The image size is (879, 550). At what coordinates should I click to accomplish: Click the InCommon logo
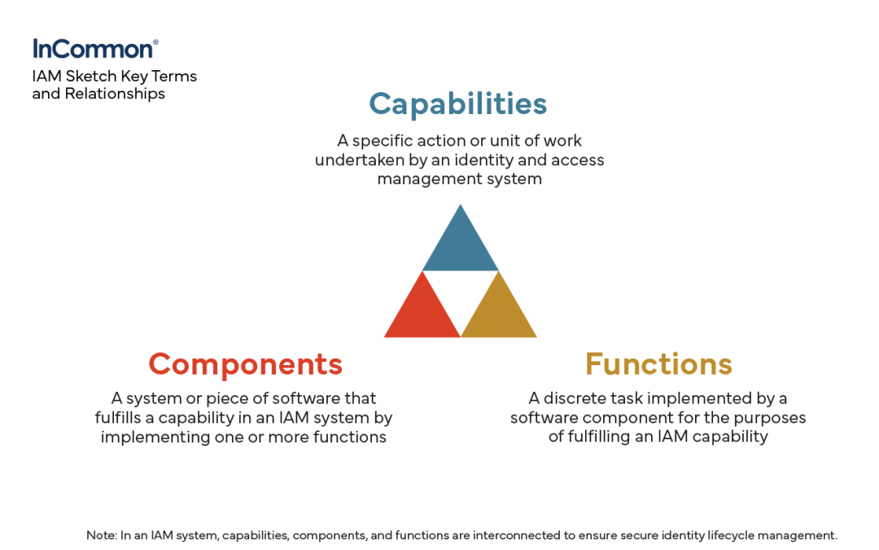[x=94, y=49]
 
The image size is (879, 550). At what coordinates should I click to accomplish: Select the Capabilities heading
[x=458, y=103]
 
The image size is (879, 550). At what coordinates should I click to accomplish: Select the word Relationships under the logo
[x=115, y=94]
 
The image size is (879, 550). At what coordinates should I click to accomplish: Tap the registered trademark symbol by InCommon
[x=155, y=42]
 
